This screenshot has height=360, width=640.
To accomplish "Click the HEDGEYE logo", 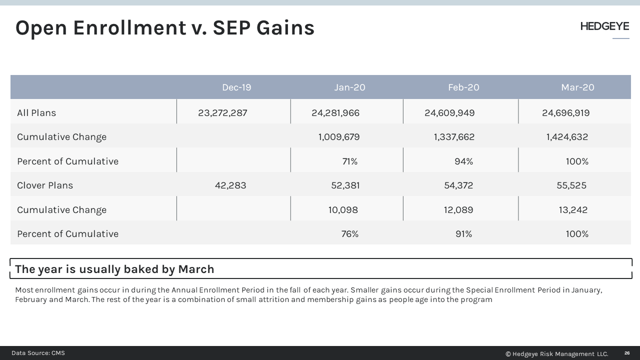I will (x=604, y=26).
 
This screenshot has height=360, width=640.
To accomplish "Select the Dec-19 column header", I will (x=236, y=87).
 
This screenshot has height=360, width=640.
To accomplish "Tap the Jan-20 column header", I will (x=349, y=87).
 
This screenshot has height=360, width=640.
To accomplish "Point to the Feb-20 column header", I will (x=463, y=87).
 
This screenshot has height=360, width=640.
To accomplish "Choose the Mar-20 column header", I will (x=577, y=87).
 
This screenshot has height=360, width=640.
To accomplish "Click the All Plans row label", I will (x=36, y=113).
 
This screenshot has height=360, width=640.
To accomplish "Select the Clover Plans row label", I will (x=45, y=185).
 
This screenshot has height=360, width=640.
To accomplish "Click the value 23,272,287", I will (x=222, y=113).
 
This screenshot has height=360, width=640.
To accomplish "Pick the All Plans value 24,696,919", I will (x=565, y=113).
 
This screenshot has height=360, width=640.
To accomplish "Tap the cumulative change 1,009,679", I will (x=338, y=137).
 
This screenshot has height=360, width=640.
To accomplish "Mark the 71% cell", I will (x=349, y=161).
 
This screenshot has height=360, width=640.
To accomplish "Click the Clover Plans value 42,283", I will (x=230, y=185).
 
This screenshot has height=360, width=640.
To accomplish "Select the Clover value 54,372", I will (x=458, y=185).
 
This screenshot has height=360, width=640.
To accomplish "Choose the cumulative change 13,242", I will (x=573, y=210).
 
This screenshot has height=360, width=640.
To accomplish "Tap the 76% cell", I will (x=349, y=234).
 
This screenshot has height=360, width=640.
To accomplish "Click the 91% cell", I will (x=463, y=234).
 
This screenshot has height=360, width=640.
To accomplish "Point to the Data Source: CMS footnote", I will (x=38, y=353).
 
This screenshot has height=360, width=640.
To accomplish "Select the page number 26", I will (x=627, y=353).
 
